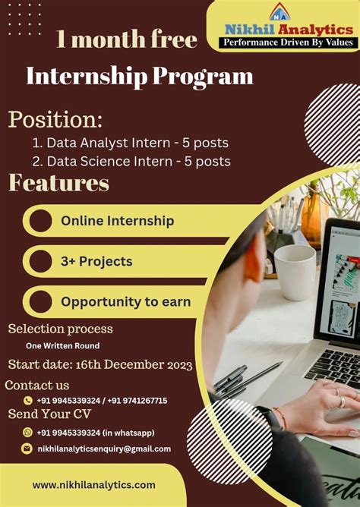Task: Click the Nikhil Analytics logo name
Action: point(289,29)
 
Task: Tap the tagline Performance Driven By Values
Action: point(289,43)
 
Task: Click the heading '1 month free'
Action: point(126,39)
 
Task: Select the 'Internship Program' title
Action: point(140,76)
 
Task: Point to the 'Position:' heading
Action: point(55,119)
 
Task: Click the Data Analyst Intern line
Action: point(130,142)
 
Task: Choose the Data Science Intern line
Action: point(131,161)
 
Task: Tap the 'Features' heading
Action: point(59,183)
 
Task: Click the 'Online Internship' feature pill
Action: point(118,221)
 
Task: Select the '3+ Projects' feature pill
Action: point(96,261)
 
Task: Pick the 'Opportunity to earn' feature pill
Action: point(125,301)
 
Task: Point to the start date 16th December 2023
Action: point(100,365)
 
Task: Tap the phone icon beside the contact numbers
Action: point(28,400)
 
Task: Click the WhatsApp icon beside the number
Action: point(27,433)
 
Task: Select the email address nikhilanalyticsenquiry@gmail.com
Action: point(104,449)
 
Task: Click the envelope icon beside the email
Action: point(27,449)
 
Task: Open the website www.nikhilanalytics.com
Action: point(93,484)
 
